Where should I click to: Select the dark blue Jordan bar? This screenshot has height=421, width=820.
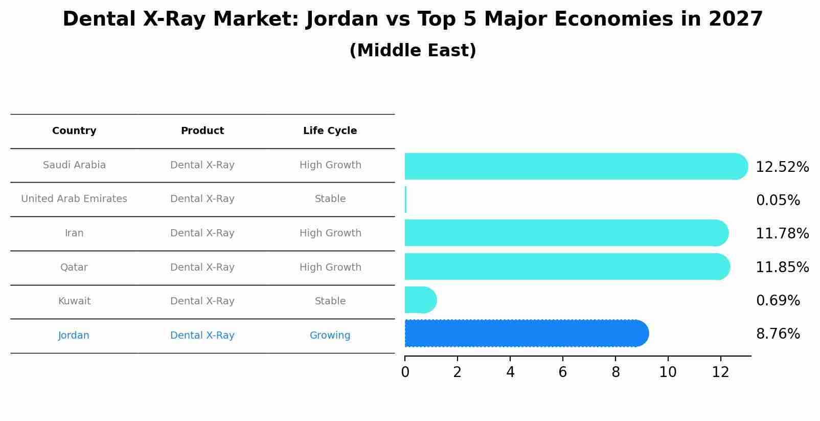[527, 334]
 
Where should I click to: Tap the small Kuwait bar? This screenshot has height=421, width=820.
[420, 300]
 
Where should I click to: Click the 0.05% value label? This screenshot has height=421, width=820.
[778, 201]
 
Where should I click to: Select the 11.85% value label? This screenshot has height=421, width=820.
[782, 268]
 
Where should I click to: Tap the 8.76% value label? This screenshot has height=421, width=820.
[778, 334]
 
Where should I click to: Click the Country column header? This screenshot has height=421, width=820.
[74, 131]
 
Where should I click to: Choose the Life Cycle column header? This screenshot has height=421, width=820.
[330, 131]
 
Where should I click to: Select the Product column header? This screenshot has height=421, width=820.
[202, 131]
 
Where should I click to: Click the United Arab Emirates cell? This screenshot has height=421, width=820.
[74, 199]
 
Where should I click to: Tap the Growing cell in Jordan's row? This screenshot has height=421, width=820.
[330, 336]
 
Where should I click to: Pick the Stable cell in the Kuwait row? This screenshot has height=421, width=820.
[330, 301]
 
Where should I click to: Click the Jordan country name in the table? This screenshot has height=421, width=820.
[74, 336]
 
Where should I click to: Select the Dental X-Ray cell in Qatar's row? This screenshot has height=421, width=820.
[202, 268]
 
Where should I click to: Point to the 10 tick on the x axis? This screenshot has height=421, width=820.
[668, 372]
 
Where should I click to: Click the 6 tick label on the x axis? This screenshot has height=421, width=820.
[562, 372]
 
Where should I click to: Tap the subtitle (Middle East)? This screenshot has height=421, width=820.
[413, 51]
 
